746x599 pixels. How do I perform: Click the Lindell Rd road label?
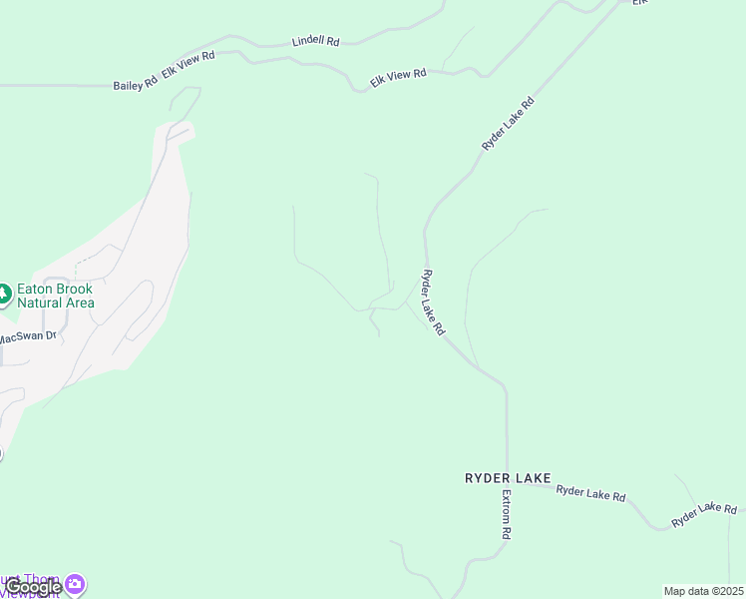(x=315, y=42)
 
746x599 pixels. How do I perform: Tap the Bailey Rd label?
(x=135, y=85)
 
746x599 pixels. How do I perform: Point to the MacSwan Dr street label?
(x=27, y=337)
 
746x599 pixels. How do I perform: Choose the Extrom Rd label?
(x=507, y=515)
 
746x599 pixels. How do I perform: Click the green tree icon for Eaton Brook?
(x=4, y=295)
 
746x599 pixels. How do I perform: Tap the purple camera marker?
(x=75, y=583)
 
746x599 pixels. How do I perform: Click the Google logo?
(x=32, y=587)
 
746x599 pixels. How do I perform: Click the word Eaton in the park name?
(x=36, y=289)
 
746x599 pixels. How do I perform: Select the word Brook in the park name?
(x=75, y=289)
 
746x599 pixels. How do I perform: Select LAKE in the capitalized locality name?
(x=533, y=479)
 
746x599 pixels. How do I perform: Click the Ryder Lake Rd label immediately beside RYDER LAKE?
(x=590, y=492)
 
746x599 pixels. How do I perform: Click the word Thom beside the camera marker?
(x=43, y=580)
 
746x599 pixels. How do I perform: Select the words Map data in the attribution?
(x=685, y=591)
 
